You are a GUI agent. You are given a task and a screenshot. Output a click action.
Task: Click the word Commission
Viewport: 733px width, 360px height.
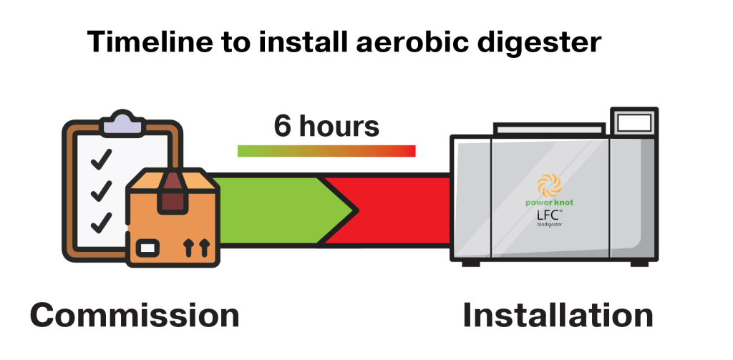point(135,316)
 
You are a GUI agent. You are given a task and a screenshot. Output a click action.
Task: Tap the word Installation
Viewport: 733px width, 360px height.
point(558,316)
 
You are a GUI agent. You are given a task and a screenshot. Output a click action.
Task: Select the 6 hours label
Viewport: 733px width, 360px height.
point(326,126)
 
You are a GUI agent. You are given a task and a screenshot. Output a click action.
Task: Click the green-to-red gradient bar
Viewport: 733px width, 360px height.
point(326,151)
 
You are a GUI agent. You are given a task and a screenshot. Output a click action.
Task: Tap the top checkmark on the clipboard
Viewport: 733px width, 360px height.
point(101,157)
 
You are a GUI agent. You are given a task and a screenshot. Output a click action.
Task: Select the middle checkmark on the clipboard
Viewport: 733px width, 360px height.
point(101,190)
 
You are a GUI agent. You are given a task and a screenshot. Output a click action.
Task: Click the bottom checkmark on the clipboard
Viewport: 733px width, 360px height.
point(101,221)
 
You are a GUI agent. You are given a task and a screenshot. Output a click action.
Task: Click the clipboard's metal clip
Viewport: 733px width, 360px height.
point(122,122)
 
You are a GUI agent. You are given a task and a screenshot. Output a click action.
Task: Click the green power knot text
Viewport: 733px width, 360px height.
point(550,203)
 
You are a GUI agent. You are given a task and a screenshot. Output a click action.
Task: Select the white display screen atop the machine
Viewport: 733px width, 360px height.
point(634,123)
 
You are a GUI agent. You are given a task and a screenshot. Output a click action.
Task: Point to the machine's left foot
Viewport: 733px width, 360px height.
point(470,263)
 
